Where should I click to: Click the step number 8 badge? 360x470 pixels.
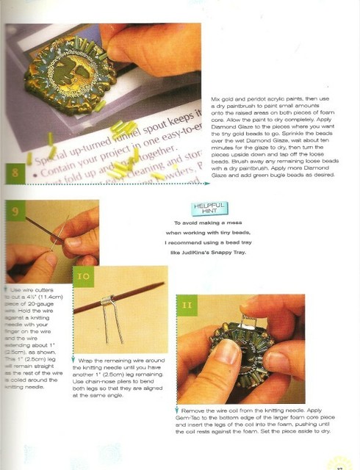coord(16,173)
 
